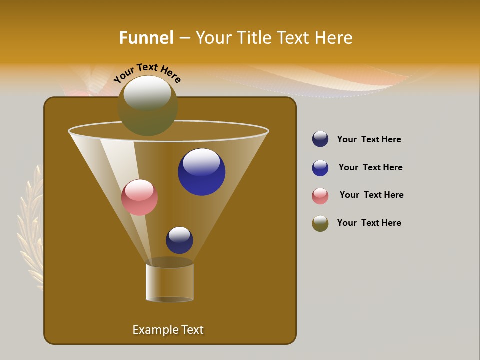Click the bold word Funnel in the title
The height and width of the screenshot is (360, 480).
tap(146, 38)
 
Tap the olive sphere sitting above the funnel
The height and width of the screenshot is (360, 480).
tap(148, 106)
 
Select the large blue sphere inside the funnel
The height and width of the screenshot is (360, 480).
tap(202, 172)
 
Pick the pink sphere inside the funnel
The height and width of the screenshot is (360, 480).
tap(139, 198)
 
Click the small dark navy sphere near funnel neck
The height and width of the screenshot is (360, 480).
tap(179, 240)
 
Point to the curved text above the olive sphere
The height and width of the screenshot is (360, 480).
tap(147, 73)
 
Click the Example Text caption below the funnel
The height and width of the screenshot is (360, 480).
tap(168, 330)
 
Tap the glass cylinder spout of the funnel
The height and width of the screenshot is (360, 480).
tap(170, 282)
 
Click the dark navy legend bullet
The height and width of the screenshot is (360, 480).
tap(320, 139)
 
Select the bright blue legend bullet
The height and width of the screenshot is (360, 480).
tap(320, 168)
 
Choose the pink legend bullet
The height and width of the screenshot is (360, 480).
tap(320, 196)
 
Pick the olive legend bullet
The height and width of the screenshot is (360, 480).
tap(320, 223)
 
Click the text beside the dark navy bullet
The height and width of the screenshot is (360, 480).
tap(369, 139)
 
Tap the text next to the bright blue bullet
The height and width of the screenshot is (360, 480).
tap(370, 167)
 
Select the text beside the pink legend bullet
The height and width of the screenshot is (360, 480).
tap(371, 195)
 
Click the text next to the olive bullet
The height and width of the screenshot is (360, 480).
tap(369, 223)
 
